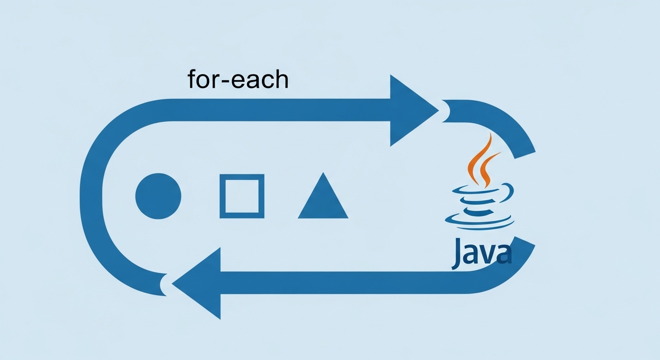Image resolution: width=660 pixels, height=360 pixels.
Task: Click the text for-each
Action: pos(238,79)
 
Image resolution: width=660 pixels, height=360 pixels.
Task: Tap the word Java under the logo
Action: pos(481,253)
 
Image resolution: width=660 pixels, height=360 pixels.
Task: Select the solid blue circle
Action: pos(158,196)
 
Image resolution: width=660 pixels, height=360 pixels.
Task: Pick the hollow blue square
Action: pos(242,196)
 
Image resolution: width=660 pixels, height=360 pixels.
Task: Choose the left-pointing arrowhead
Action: pos(199,283)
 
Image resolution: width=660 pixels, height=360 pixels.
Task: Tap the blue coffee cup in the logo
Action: pos(479,206)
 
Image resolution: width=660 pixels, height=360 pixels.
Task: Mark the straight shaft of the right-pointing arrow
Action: pos(281,110)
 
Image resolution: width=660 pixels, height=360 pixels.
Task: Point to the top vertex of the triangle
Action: pos(323,173)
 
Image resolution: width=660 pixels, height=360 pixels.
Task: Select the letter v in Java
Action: pos(489,255)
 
